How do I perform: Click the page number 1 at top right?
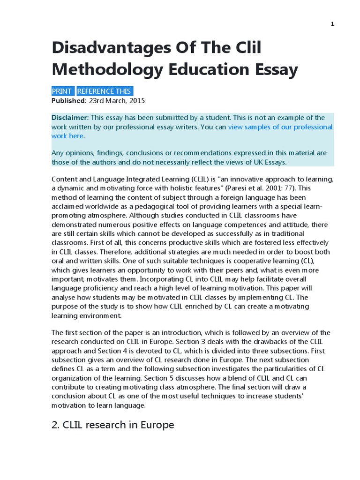pos(332,24)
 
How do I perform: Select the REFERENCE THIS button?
pos(105,91)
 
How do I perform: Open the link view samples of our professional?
pos(280,127)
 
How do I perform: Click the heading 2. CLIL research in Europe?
pos(113,425)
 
